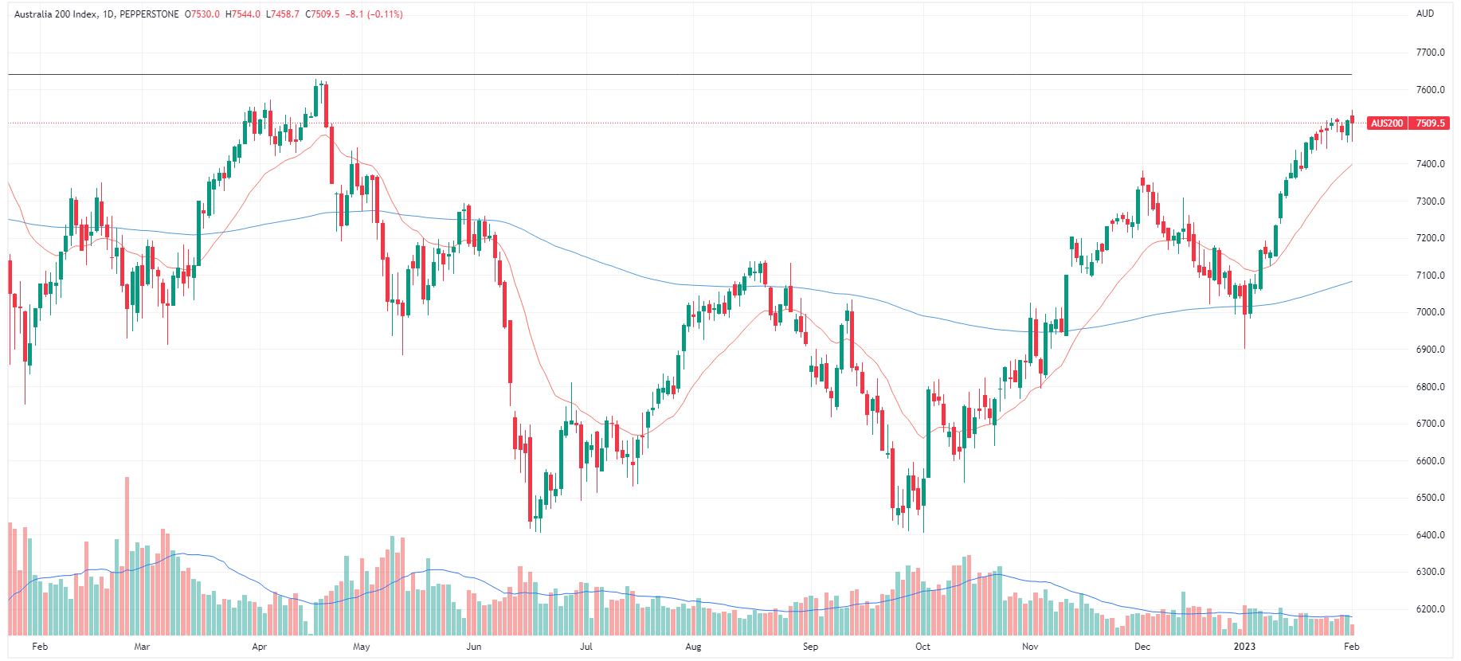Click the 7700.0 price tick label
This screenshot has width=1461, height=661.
[x=1430, y=53]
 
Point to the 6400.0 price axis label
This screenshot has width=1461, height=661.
[x=1430, y=535]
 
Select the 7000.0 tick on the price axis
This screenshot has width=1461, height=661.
[x=1430, y=312]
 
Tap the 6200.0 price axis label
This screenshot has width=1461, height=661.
[x=1430, y=609]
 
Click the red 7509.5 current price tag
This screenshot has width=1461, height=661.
[x=1430, y=123]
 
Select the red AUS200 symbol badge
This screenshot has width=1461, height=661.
[x=1387, y=123]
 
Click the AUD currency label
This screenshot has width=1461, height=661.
[x=1424, y=14]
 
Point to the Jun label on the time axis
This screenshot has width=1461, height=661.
[x=474, y=647]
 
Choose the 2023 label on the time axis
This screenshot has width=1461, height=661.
[x=1244, y=647]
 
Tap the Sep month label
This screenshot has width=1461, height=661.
[x=810, y=647]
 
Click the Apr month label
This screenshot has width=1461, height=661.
[x=259, y=647]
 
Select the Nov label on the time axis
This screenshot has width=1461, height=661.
[x=1030, y=647]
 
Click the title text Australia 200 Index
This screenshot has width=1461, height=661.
[x=55, y=14]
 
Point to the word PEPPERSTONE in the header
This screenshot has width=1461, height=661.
[x=149, y=14]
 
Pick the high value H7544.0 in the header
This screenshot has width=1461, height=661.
[x=243, y=14]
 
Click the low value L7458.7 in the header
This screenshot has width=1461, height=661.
[x=283, y=14]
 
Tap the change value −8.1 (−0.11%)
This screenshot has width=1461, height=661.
[x=374, y=14]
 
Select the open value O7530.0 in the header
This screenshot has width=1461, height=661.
[x=202, y=14]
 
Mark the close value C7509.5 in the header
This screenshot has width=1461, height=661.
[x=323, y=14]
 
